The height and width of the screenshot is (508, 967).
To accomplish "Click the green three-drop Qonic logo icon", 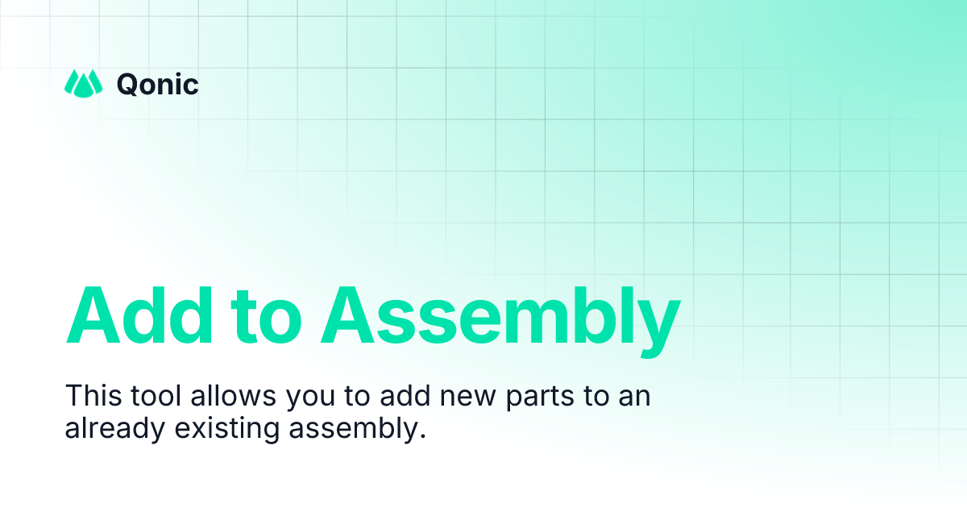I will [x=84, y=83].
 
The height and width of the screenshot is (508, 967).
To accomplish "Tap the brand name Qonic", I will [x=157, y=84].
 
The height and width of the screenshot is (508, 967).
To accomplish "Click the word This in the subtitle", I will [x=89, y=397].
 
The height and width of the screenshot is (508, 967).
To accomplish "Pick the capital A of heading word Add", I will [x=91, y=314].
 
